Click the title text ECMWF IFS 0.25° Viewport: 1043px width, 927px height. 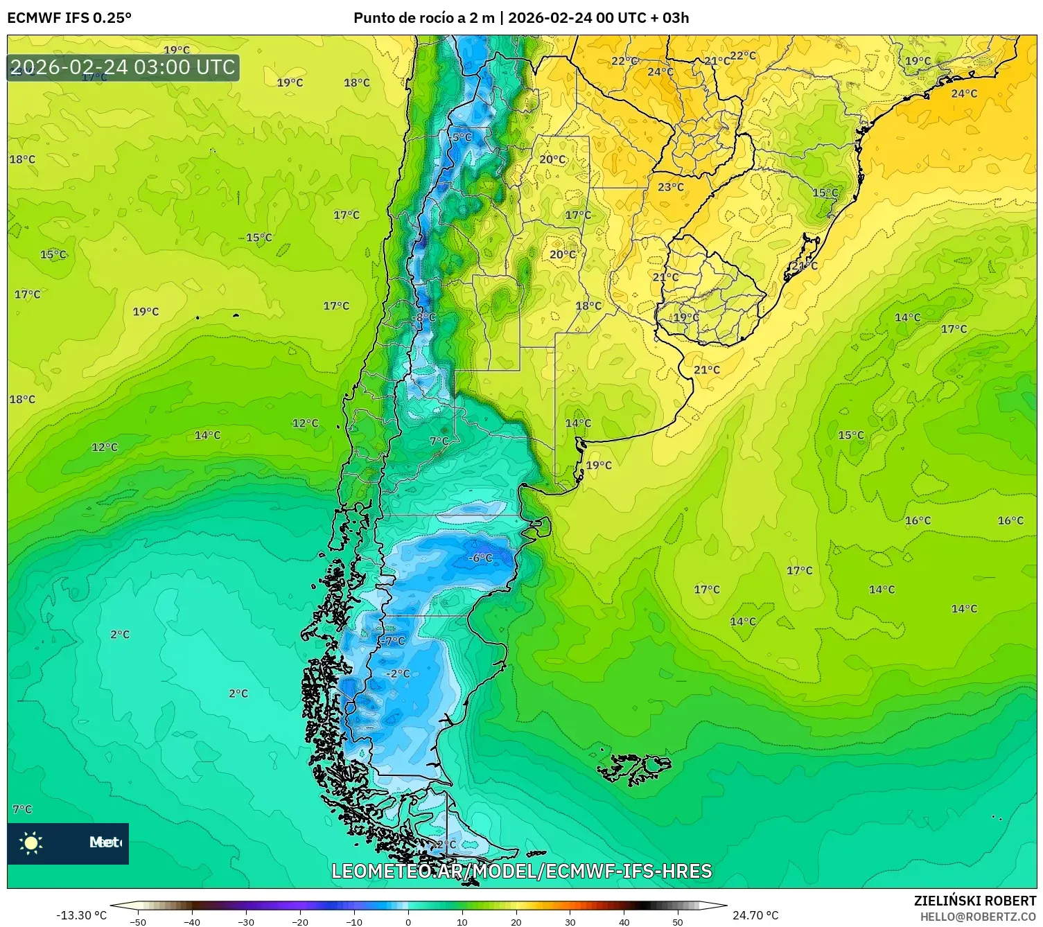pos(69,18)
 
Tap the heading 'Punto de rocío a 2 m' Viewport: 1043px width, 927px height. pos(423,18)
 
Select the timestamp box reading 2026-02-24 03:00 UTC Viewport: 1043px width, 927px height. pos(123,67)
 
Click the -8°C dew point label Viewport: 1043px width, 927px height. pos(424,317)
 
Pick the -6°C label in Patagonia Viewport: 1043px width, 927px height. pos(480,558)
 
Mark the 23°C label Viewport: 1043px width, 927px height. pos(670,187)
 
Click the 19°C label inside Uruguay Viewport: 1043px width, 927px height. pos(686,317)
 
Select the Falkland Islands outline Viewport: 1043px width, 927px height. pos(634,768)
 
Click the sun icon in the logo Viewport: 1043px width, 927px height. pos(31,842)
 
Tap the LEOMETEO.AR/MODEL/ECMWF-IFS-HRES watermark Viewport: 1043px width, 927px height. pos(521,871)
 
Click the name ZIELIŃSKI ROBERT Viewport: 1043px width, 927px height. pos(974,901)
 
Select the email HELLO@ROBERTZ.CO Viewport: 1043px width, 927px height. pos(978,917)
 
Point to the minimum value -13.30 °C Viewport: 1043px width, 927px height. pos(81,915)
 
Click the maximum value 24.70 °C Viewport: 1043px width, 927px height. pos(755,915)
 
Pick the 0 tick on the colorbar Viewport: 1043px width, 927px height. pos(407,921)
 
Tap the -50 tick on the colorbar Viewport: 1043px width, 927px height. pos(138,921)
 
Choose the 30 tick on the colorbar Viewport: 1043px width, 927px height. pos(570,921)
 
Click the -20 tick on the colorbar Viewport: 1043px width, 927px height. pos(299,921)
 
